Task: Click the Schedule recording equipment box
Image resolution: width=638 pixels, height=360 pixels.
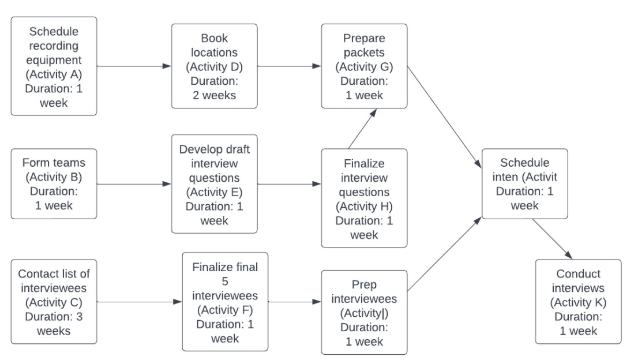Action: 54,66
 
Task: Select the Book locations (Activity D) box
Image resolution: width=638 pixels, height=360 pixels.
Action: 214,66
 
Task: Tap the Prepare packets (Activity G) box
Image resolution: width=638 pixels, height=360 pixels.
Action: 363,66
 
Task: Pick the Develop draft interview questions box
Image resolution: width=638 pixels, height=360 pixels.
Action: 214,183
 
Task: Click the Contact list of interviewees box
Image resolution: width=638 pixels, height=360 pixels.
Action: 54,302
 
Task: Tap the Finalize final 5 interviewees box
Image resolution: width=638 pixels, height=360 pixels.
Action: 225,302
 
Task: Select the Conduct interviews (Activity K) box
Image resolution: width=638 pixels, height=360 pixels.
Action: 578,302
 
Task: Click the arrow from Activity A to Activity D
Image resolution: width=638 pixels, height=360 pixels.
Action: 134,66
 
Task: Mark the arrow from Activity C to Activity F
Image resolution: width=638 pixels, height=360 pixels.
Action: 139,302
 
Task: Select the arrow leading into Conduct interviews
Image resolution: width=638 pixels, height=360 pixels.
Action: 553,239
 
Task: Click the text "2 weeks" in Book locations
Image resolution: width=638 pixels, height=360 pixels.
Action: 214,95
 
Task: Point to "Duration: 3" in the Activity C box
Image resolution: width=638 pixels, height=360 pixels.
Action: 54,317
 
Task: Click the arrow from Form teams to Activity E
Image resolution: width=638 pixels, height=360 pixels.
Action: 134,185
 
